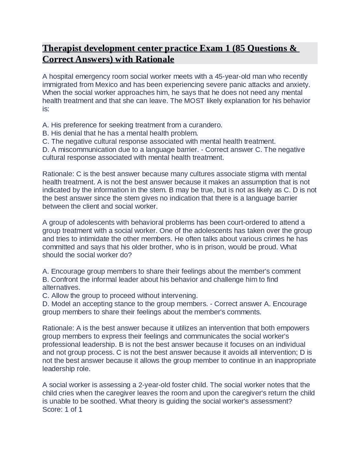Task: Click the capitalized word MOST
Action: (x=194, y=101)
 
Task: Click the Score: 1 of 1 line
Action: (x=62, y=409)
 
